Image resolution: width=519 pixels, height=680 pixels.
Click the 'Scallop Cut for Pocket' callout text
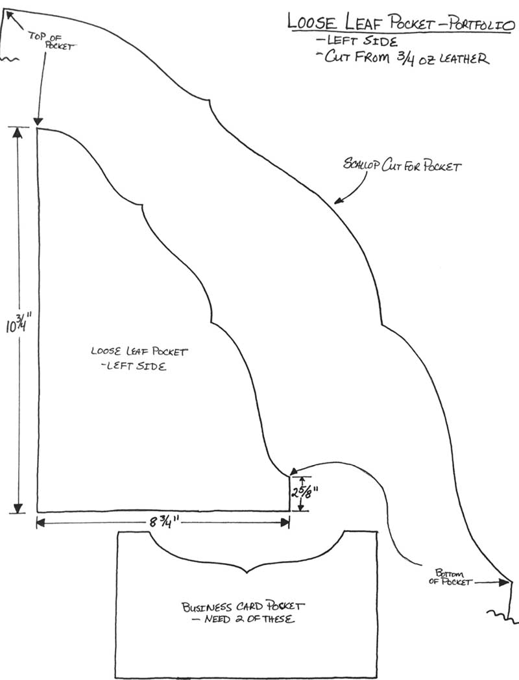tap(402, 166)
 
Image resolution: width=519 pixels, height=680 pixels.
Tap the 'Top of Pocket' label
tap(53, 42)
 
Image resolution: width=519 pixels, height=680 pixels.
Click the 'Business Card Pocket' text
tap(243, 607)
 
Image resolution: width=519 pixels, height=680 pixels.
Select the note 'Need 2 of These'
tap(244, 620)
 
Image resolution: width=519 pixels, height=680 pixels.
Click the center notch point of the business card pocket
tap(247, 572)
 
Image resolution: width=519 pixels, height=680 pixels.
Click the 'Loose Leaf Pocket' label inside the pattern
tap(139, 352)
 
